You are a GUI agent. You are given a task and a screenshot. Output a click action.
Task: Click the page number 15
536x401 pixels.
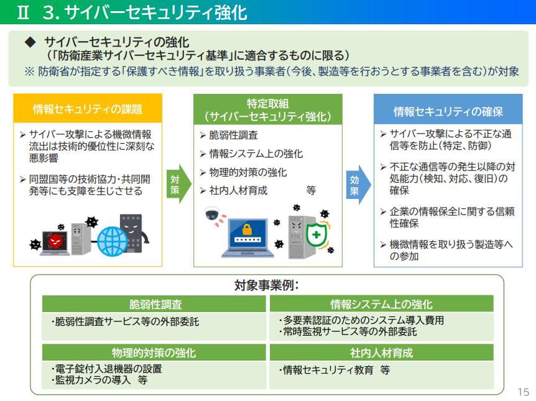(523, 392)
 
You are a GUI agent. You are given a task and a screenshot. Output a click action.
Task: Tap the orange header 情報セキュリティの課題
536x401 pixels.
(88, 109)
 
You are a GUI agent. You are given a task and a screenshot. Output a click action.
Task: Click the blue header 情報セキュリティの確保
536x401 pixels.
(448, 111)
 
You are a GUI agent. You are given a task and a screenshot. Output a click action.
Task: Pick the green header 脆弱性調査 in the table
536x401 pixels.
(155, 304)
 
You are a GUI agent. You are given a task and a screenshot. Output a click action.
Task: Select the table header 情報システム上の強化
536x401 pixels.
(381, 304)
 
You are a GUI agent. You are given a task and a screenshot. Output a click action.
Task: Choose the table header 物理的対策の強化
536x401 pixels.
(155, 353)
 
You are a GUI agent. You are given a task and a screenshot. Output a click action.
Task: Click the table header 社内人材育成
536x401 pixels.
(381, 353)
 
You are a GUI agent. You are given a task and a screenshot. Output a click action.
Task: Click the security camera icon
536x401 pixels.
(213, 214)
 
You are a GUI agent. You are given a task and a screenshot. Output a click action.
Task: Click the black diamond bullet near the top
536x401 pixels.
(30, 42)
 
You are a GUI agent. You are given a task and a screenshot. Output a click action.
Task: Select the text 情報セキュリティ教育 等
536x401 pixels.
(336, 369)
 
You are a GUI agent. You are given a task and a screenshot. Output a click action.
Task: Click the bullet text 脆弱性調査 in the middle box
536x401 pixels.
(233, 135)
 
